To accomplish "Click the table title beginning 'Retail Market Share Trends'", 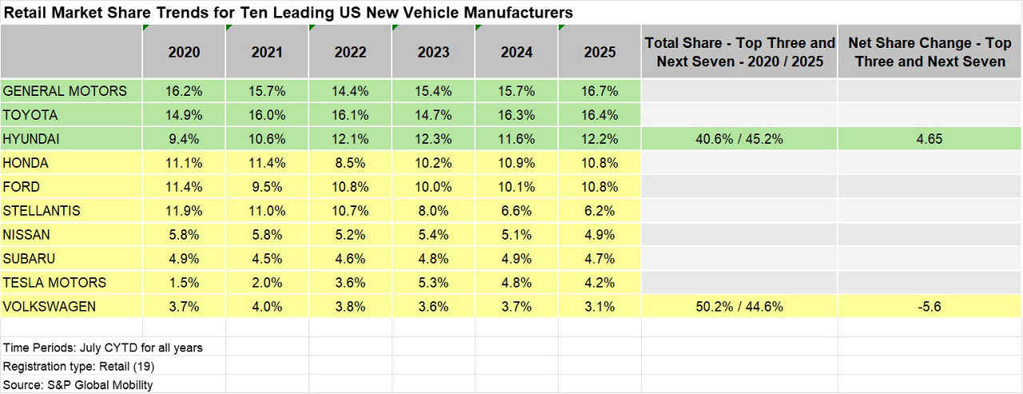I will coord(288,13).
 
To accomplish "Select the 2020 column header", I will coord(184,52).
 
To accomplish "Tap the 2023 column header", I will coord(433,52).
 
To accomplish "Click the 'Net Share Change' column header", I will coord(929,52).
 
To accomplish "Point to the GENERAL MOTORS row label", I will coord(65,91).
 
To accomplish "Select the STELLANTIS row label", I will coord(42,211).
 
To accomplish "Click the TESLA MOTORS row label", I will coord(54,283).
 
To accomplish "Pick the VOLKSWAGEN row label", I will coord(50,307).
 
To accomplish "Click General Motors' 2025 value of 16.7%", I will coord(599,91).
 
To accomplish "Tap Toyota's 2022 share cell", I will coord(350,115).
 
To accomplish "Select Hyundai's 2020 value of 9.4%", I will coord(184,139).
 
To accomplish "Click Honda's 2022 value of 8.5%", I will coord(350,163).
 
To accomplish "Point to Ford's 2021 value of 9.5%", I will coord(267,187).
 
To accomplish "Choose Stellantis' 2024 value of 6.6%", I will coord(516,211).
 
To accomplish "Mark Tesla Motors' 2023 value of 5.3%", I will coord(433,283).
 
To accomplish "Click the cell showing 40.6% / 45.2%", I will coord(739,139).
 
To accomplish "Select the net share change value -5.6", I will coord(929,307).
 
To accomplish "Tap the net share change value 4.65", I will coord(929,139).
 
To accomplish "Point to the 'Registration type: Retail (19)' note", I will coord(79,367).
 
